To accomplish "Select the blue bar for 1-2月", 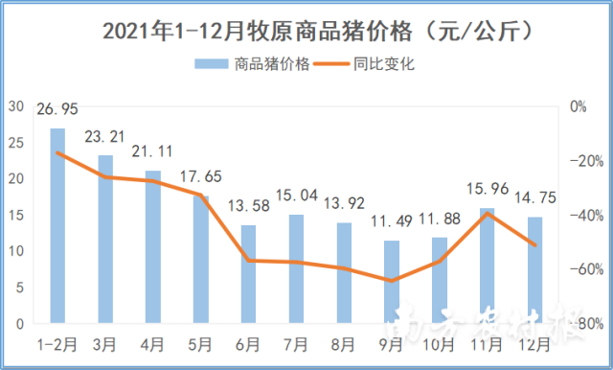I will coord(57,225).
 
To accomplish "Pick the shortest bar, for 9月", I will coord(392,282).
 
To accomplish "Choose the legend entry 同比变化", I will coord(382,65).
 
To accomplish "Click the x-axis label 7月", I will coord(297,342).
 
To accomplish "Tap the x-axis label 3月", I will coord(105,342).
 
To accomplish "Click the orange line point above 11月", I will coord(488,213).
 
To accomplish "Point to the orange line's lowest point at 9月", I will coord(392,281).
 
